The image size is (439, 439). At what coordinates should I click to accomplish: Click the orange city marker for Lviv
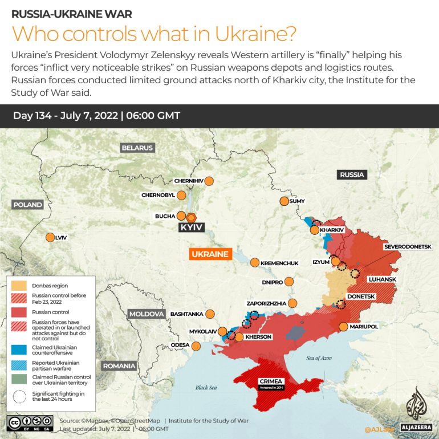coord(50,237)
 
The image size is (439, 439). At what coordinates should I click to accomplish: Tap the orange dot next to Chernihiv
coord(209,181)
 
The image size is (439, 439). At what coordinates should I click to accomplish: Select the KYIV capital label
coord(192,227)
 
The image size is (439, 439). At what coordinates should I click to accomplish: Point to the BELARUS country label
coord(137,148)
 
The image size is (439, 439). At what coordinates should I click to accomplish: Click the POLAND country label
coord(28,204)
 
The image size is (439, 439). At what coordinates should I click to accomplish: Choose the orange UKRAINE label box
coord(210,254)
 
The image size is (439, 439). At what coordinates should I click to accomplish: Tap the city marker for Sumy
coord(284,201)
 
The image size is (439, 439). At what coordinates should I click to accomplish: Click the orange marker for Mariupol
coord(343,327)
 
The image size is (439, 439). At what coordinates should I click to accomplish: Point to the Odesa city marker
coord(196,345)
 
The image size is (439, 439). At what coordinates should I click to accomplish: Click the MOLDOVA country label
coord(147,314)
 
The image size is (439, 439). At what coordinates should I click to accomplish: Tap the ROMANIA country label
coord(119,365)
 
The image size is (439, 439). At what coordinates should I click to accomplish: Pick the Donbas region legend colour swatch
coord(19,284)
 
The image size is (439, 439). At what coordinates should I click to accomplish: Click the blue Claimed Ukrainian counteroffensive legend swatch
coord(19,349)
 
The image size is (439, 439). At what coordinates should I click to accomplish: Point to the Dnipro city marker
coord(290,282)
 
